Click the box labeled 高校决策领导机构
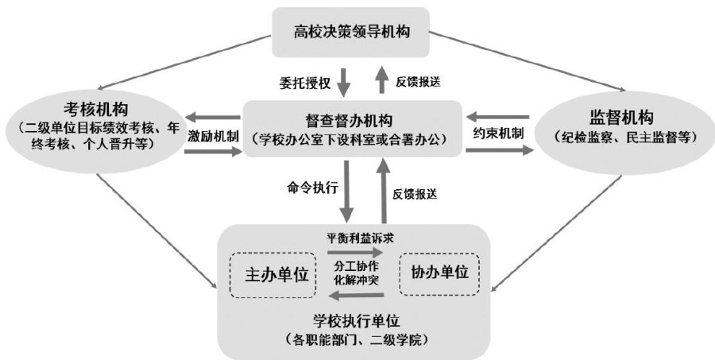350,33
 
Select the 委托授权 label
305,83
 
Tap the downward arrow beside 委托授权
344,82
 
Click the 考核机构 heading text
96,110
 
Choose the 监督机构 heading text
621,118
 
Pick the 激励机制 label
213,137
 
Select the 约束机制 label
498,134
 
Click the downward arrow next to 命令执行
346,192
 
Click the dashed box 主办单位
273,275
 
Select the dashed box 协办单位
439,273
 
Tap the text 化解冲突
357,281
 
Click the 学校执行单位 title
357,321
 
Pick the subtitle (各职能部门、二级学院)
357,340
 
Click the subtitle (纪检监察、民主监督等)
624,137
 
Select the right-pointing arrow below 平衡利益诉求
356,251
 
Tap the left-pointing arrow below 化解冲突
356,296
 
